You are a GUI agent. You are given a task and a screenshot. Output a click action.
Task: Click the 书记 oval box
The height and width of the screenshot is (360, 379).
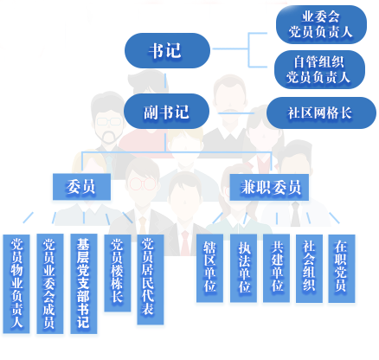(167, 50)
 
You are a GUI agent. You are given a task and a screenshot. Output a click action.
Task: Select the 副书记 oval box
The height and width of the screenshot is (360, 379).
(166, 112)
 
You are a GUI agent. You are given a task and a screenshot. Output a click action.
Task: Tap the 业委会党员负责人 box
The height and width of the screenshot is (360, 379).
(321, 24)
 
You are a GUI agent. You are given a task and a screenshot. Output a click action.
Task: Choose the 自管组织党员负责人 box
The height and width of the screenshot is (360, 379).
(319, 69)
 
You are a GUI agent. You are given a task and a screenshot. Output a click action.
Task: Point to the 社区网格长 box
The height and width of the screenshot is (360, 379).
(321, 112)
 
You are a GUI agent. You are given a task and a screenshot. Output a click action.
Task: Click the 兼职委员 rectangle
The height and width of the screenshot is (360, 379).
(269, 187)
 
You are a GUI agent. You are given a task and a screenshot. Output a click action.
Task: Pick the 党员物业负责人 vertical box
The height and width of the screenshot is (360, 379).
(16, 284)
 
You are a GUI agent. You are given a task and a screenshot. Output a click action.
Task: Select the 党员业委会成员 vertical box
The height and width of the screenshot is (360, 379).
(50, 284)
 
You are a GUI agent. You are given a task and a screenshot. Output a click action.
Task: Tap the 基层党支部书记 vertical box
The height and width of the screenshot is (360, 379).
(84, 284)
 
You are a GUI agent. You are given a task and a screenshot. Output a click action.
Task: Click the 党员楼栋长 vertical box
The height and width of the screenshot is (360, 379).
(118, 273)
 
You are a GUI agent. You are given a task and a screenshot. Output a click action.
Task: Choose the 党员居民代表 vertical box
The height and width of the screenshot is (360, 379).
(151, 280)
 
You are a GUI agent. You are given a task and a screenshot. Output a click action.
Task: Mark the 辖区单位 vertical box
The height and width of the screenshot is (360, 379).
(209, 268)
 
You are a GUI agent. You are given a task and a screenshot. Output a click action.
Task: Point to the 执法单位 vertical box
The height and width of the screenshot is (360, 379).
(243, 268)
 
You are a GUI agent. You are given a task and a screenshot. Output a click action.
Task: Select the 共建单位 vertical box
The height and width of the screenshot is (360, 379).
(276, 268)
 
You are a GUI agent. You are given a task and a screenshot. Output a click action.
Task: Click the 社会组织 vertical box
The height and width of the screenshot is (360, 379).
(309, 268)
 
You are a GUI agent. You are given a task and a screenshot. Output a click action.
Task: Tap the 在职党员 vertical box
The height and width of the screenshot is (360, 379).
(342, 268)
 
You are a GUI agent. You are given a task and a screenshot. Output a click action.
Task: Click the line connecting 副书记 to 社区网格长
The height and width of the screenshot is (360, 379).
(236, 113)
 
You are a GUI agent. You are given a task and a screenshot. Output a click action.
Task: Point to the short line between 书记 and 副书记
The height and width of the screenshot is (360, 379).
(165, 80)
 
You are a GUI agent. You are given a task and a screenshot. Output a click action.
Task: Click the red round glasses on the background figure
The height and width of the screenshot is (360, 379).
(143, 183)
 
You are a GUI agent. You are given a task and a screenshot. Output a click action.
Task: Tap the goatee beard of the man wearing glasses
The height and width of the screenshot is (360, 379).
(108, 138)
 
